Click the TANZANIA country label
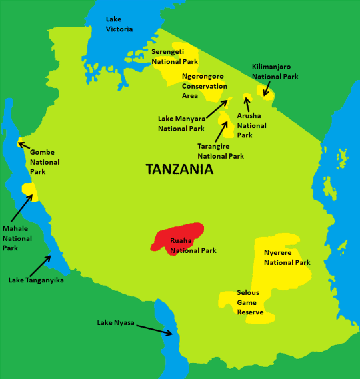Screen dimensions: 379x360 (179, 170)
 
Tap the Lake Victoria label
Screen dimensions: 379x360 (119, 24)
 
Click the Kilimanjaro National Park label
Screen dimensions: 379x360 (275, 71)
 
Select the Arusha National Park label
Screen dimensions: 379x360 (251, 125)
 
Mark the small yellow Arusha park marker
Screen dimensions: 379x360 (246, 98)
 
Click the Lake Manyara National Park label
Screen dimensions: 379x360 (181, 123)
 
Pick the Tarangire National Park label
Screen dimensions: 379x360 (221, 151)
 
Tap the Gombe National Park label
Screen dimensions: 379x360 (45, 162)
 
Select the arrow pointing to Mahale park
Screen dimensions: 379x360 (22, 208)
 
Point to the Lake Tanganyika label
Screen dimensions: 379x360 (36, 280)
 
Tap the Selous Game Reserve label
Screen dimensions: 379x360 (250, 302)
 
